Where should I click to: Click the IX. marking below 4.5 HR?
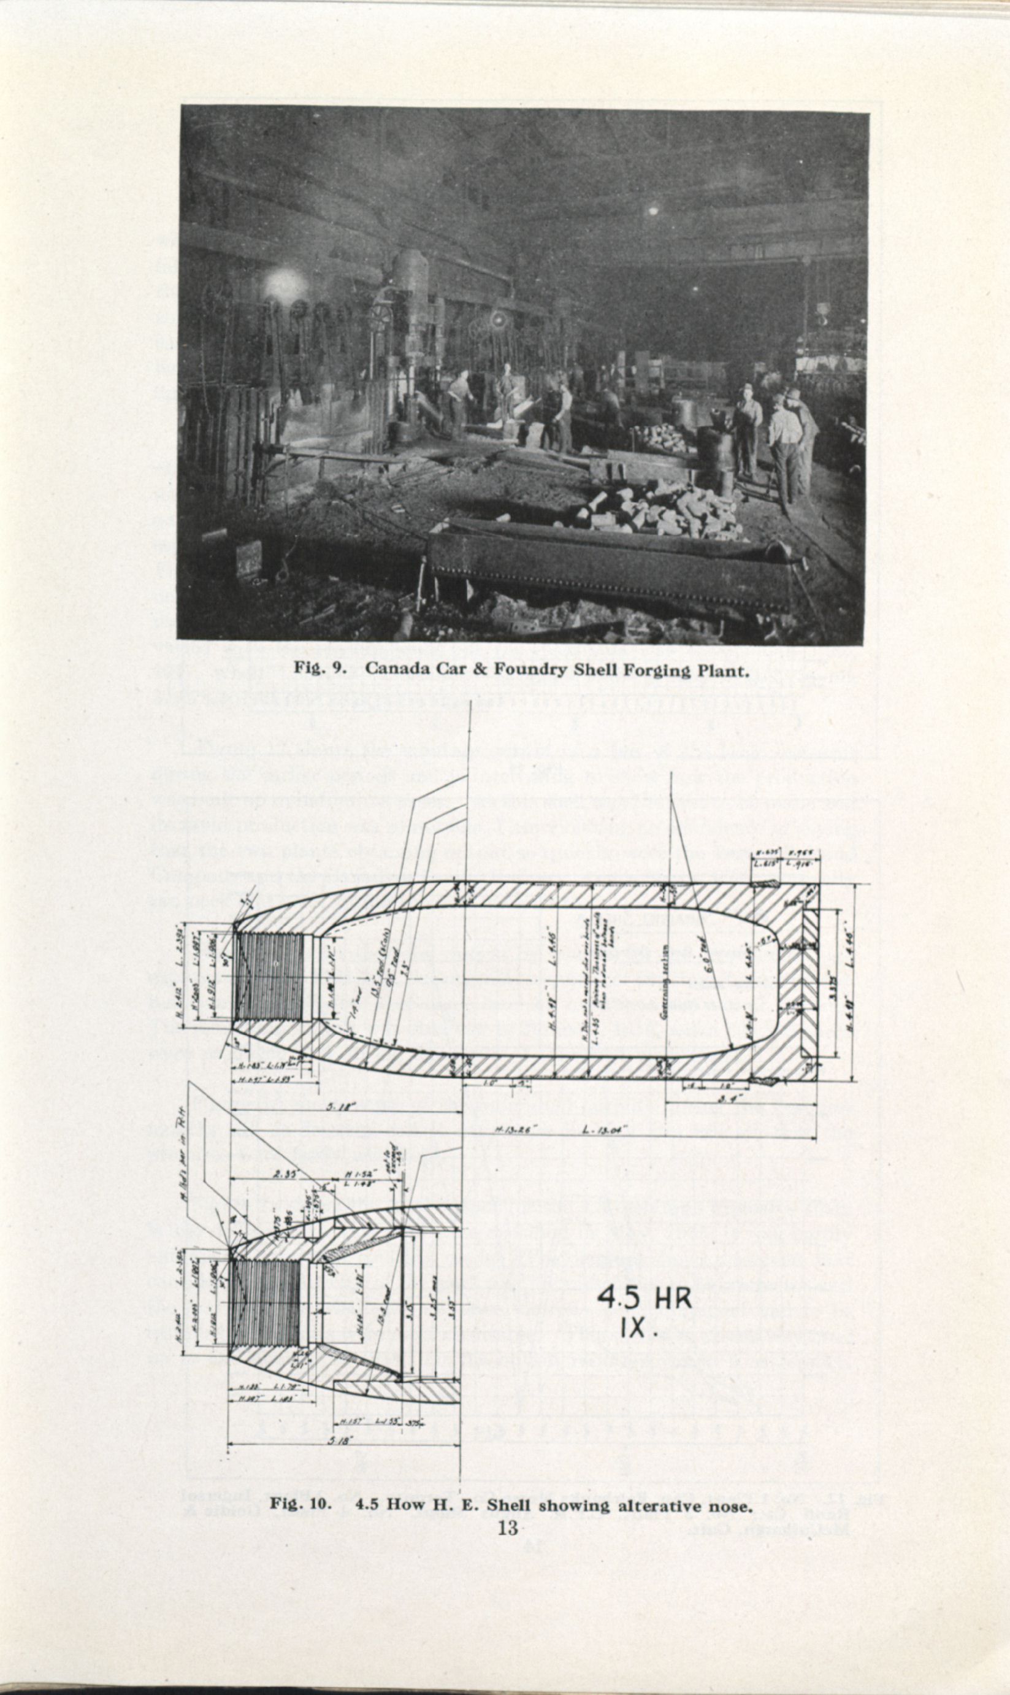click(638, 1329)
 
